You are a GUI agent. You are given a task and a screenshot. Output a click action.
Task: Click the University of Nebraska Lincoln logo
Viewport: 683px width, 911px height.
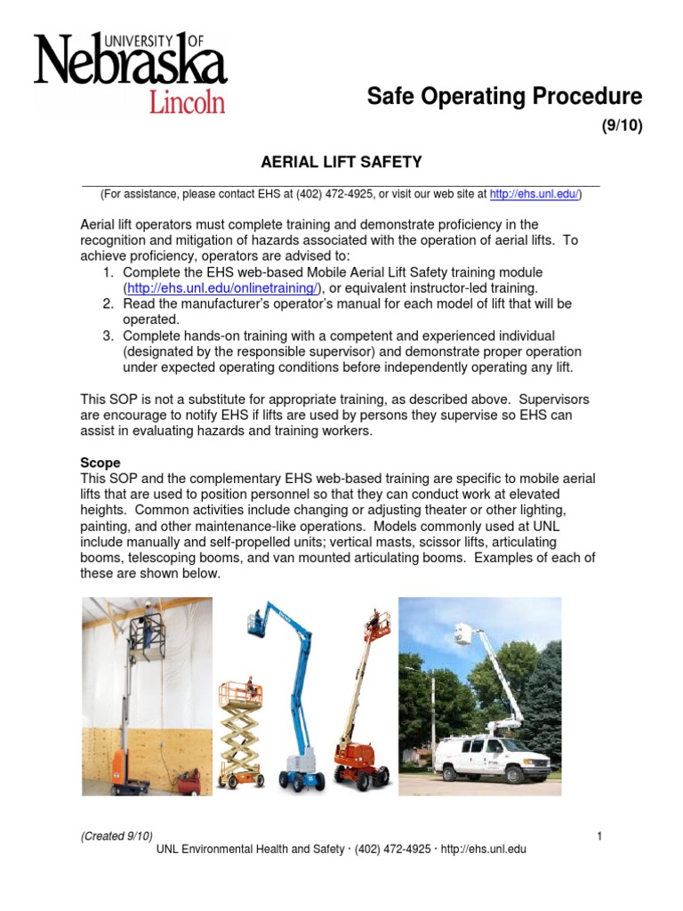tap(130, 72)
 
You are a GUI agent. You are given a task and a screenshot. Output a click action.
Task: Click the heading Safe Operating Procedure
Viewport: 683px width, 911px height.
tap(504, 96)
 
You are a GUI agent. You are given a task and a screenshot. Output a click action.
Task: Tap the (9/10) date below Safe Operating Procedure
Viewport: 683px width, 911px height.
tap(622, 125)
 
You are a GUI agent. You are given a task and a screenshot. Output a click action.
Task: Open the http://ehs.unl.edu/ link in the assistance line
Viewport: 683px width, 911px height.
tap(534, 193)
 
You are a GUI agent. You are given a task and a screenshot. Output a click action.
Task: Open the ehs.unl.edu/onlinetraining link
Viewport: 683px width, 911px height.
tap(223, 288)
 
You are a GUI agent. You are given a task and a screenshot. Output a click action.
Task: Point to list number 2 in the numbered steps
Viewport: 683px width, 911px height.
tap(107, 304)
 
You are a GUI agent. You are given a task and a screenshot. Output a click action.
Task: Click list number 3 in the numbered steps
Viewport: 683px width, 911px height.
tap(107, 336)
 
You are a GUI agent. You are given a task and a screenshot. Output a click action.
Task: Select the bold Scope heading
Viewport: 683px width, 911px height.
tap(100, 464)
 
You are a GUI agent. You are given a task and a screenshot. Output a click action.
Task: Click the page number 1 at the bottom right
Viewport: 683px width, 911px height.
tap(600, 834)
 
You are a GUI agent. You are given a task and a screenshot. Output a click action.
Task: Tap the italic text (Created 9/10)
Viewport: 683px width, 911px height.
tap(117, 834)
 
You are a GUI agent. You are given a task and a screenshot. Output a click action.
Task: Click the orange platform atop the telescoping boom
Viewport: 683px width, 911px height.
tap(378, 626)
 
